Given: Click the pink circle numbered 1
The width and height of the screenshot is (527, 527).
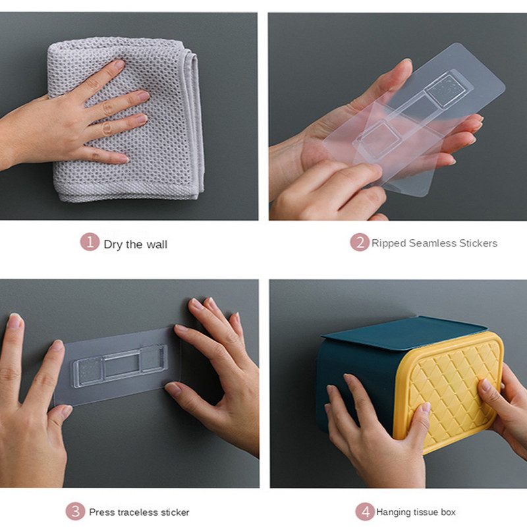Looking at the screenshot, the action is click(x=90, y=242).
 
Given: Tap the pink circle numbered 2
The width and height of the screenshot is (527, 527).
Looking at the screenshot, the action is click(x=360, y=242).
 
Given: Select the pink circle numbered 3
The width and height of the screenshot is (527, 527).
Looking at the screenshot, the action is click(x=75, y=511).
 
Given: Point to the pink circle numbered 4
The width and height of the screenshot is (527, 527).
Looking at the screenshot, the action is click(x=365, y=511).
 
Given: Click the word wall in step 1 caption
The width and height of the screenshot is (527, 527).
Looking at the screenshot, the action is click(x=157, y=244).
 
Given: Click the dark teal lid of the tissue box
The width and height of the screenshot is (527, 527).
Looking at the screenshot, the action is click(x=403, y=333).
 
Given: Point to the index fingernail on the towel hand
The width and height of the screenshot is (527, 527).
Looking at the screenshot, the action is click(x=119, y=64).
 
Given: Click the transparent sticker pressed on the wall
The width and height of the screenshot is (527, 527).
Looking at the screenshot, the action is click(x=118, y=366).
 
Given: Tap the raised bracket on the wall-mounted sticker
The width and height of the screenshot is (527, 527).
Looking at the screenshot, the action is click(x=121, y=366).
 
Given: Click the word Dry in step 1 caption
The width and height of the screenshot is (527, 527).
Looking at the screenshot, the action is click(x=113, y=244).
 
